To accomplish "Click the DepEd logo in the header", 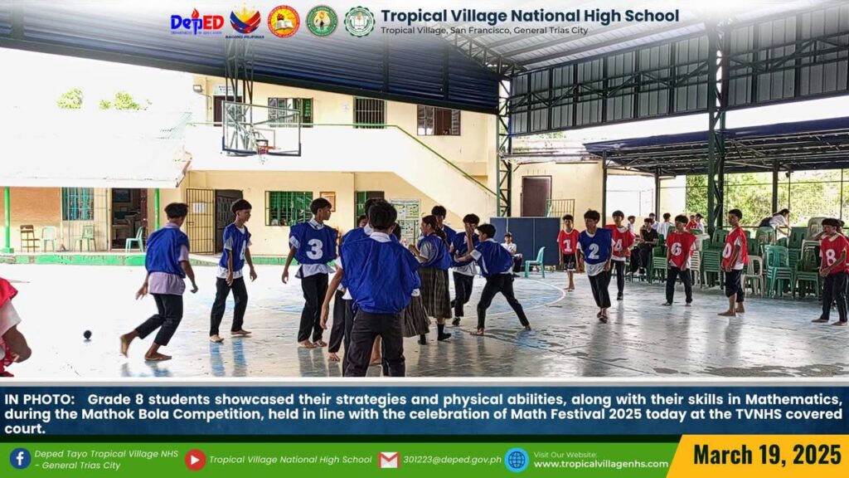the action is tap(196, 22).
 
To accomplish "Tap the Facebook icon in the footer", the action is tap(20, 458).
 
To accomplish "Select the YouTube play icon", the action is tap(195, 460).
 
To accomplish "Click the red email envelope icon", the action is tap(389, 460).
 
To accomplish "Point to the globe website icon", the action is tap(517, 460).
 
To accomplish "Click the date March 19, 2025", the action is tap(767, 455).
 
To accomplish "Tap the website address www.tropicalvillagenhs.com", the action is tap(601, 464).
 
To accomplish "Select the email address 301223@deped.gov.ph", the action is tap(452, 460).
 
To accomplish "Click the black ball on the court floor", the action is tap(87, 334).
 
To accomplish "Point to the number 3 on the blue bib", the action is tap(314, 249).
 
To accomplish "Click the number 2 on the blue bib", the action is tap(594, 251).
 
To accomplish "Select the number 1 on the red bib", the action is tap(567, 246).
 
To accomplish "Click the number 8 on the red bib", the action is tap(831, 256).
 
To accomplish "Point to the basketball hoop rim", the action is tap(262, 144).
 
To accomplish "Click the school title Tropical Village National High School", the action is tap(530, 17).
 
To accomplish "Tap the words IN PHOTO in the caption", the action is tap(39, 400).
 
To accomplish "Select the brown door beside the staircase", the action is tap(536, 197).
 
